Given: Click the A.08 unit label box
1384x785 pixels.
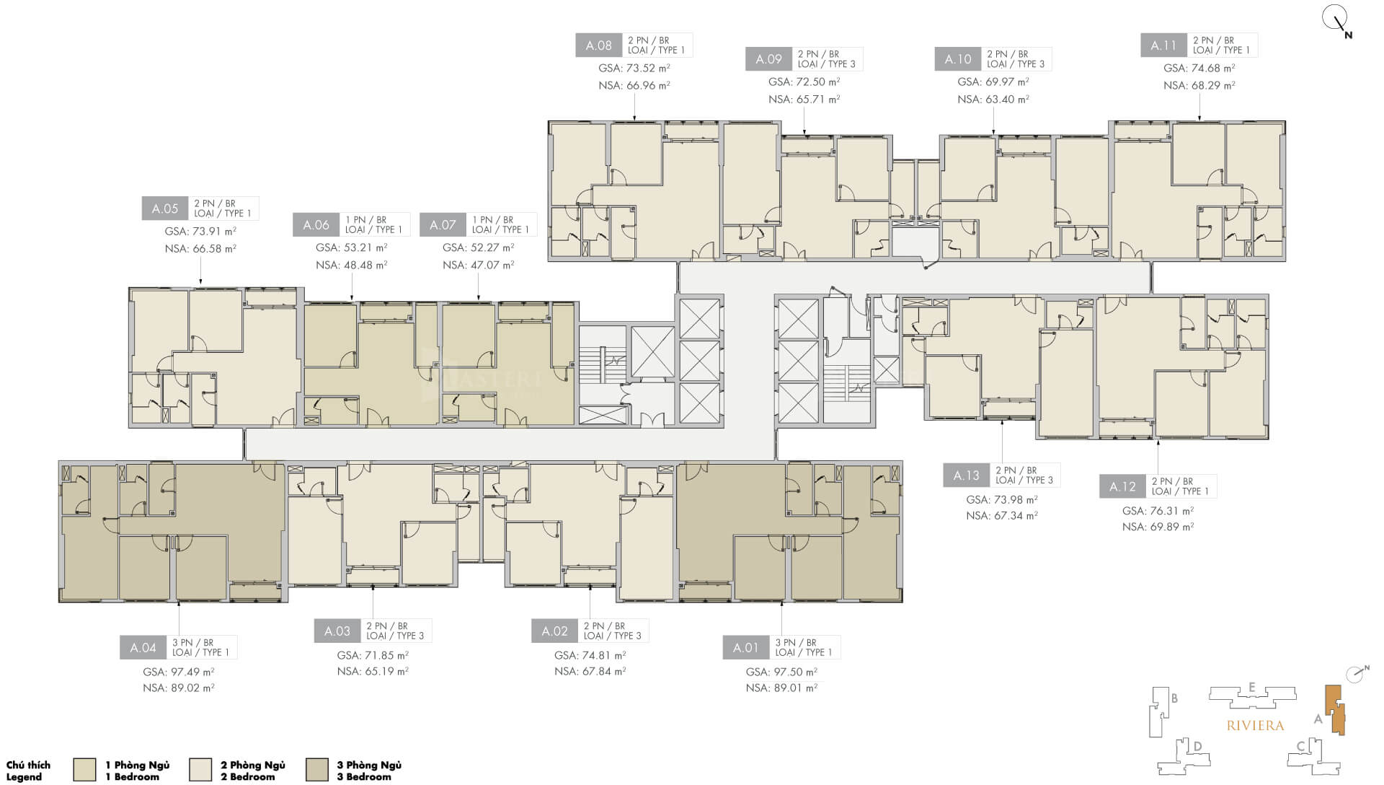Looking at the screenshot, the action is coord(598,45).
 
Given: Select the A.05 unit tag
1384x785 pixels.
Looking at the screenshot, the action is coord(164,209).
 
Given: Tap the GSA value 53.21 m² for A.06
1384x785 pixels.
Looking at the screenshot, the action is coord(351,247).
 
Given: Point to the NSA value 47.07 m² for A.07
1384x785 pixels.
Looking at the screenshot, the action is coord(478,265).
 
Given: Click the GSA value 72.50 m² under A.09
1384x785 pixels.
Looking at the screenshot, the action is coord(804,82).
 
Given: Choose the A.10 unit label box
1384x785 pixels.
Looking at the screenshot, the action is coord(958,59).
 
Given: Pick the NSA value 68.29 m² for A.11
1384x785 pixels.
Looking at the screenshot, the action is coord(1199,85).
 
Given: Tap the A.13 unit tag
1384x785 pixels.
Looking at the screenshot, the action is coord(966,475).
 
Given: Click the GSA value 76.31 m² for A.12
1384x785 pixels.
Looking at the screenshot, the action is coord(1158,511).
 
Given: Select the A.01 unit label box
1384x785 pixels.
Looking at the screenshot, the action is coord(745,647).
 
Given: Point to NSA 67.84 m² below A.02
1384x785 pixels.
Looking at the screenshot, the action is coord(590,671).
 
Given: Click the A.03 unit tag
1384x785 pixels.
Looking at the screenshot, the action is coord(337,631).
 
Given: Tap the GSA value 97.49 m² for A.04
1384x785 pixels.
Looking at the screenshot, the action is coord(178,672).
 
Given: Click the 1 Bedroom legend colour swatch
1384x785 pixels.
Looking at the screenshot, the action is coord(84,770).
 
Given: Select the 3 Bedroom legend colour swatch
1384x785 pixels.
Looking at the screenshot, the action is coord(316,770).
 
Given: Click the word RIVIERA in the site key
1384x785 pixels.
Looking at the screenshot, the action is coord(1255,725).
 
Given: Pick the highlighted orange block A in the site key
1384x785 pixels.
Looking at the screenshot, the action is coord(1335,711).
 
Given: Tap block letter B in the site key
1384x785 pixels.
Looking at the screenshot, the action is coord(1174,698).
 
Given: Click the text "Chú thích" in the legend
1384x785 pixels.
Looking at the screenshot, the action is coord(28,765).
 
